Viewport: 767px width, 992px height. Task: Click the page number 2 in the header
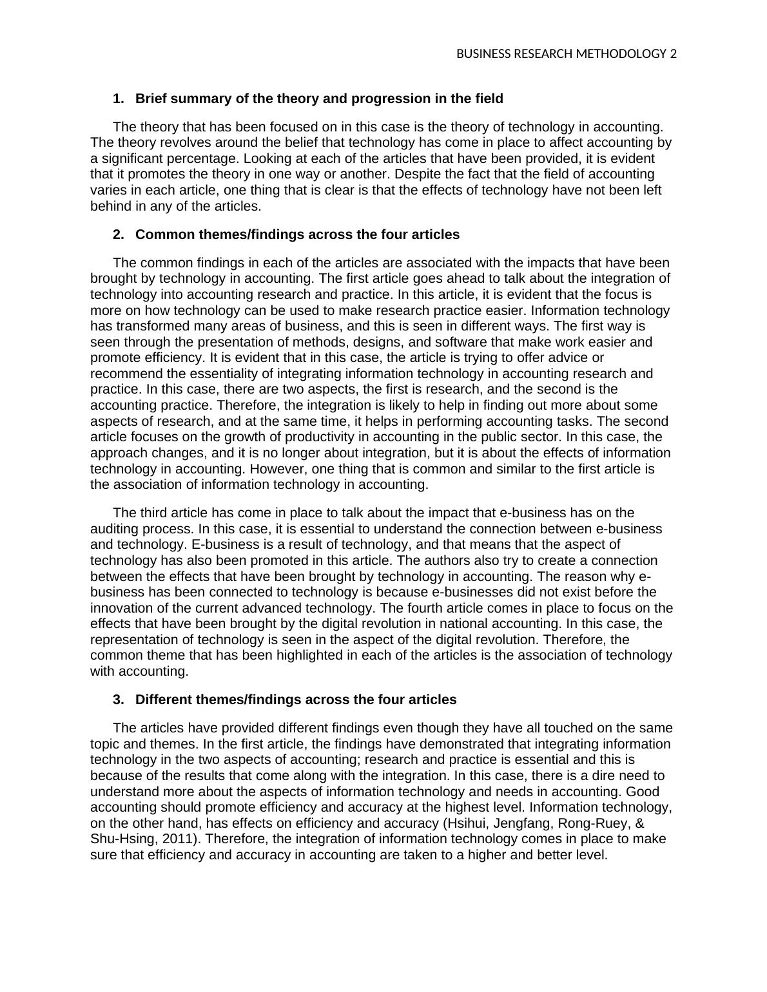coord(674,54)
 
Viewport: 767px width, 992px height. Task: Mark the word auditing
coord(116,529)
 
